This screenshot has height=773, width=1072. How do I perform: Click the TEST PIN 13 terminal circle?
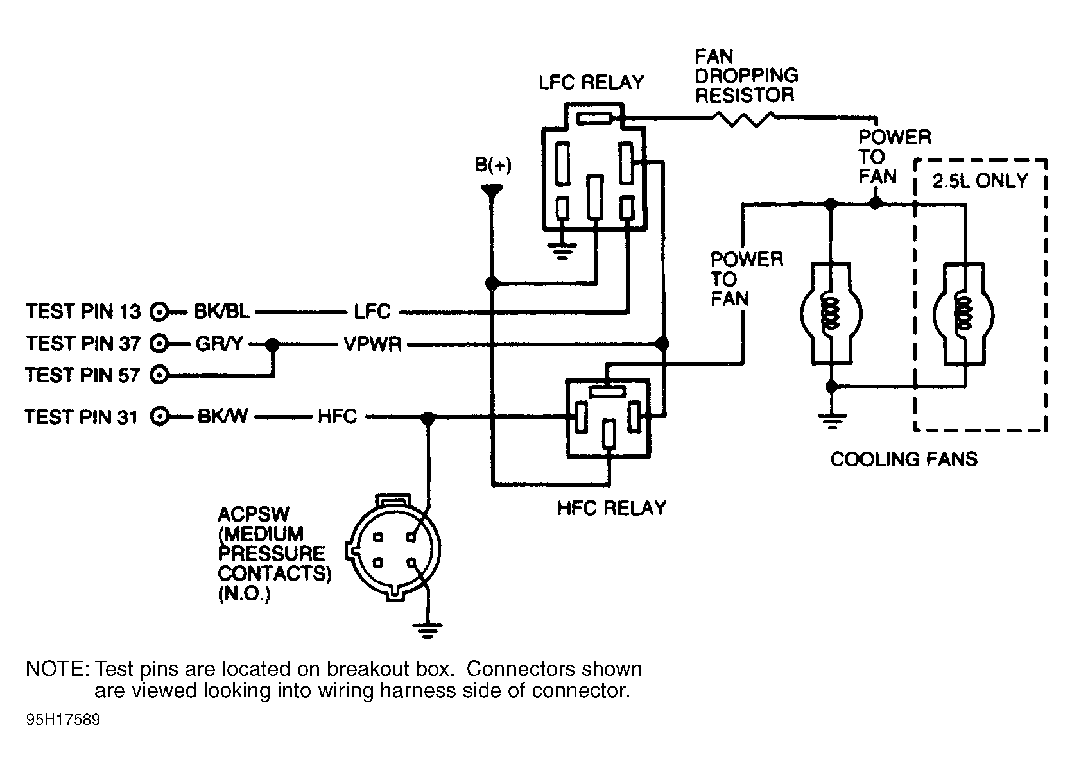(159, 312)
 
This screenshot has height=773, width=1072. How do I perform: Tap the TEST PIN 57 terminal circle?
(159, 375)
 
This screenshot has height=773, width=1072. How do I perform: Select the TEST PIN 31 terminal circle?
(159, 416)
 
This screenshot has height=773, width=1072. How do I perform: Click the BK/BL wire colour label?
(221, 312)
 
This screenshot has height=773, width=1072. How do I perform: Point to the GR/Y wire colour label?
(220, 343)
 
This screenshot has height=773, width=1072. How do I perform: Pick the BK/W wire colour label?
(223, 416)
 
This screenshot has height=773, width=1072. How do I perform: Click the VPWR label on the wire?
(373, 344)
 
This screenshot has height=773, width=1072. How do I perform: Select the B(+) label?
(493, 164)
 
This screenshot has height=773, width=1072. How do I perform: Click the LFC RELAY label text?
(591, 82)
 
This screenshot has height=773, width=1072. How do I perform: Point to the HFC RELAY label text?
(612, 507)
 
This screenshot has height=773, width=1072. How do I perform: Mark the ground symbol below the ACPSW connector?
(428, 631)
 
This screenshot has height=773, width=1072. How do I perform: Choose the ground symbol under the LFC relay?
(562, 251)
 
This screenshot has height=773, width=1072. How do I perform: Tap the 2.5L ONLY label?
(980, 181)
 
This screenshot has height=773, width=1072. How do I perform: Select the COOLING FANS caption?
(904, 459)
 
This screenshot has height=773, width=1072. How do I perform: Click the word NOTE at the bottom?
(57, 668)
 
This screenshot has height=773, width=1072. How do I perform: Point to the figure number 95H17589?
(63, 720)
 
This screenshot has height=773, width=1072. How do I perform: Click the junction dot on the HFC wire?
(428, 418)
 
